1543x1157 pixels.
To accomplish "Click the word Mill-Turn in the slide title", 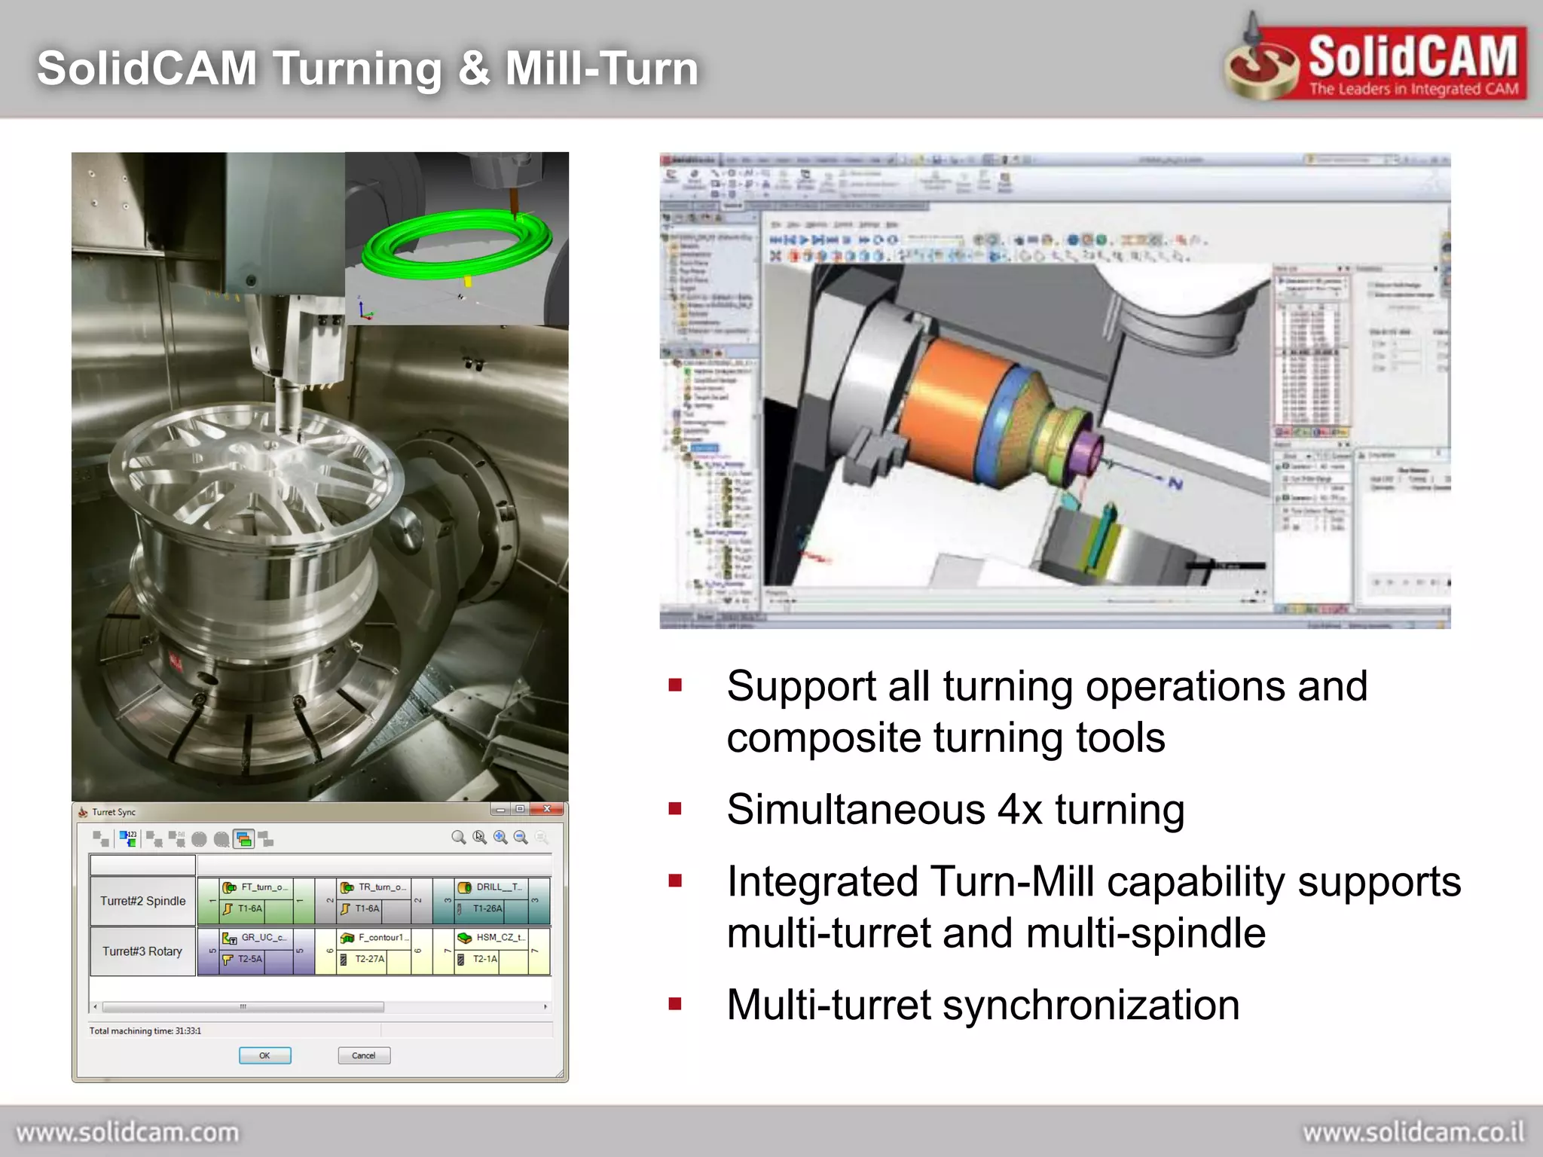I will [601, 69].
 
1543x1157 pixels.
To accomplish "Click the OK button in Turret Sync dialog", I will [264, 1055].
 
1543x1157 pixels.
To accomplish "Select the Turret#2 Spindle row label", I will [142, 901].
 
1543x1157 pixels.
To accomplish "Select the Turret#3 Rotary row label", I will [142, 951].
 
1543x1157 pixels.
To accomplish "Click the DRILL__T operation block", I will [498, 887].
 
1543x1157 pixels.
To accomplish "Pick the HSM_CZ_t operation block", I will [500, 938].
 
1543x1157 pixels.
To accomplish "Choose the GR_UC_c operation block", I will [263, 938].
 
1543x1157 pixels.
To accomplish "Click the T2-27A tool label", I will [369, 959].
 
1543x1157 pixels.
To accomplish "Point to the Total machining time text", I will [145, 1030].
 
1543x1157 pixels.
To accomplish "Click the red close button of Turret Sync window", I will [547, 809].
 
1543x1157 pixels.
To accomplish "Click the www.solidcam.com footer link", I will [127, 1132].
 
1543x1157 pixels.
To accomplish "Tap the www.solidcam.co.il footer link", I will [1413, 1132].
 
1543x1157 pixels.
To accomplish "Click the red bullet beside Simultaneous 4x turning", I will [675, 809].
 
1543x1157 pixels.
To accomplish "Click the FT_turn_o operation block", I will [263, 887].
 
